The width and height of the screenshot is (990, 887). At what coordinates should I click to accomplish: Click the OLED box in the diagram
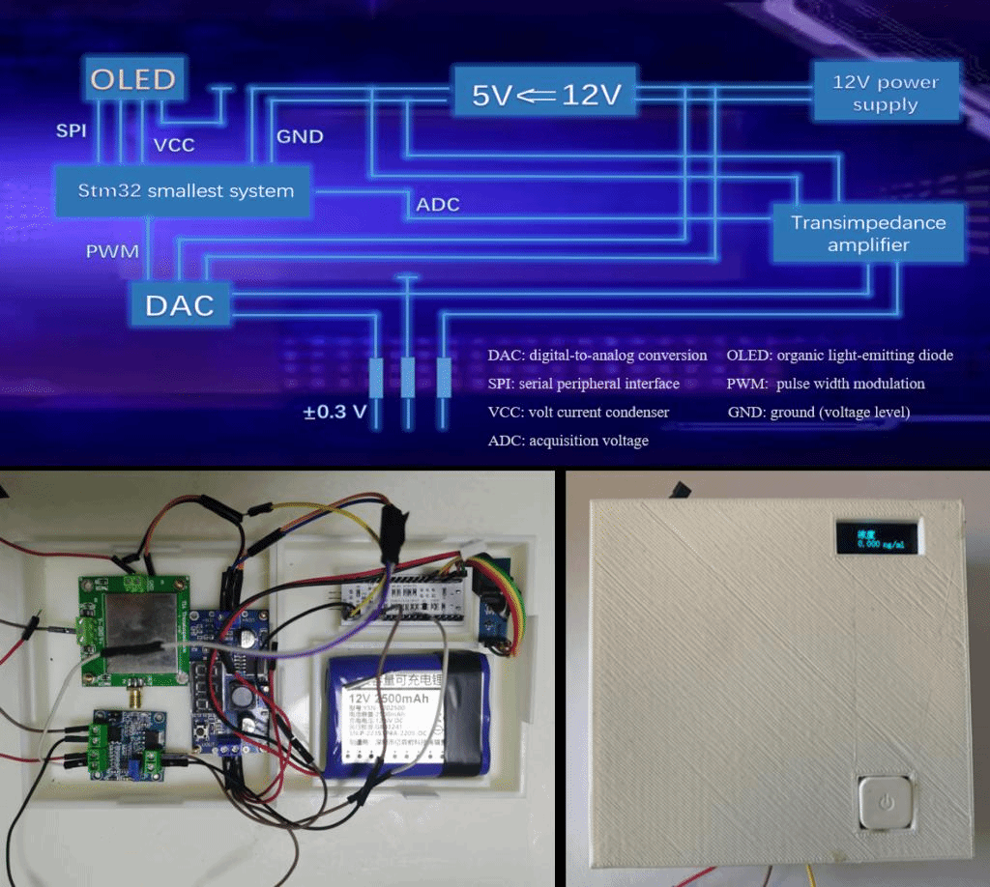coord(133,79)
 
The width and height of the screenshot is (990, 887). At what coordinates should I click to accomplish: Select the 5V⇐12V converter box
coord(547,95)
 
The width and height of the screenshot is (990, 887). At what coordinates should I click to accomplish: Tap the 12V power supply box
coord(886,93)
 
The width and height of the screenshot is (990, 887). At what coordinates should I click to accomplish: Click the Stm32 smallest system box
coord(185,190)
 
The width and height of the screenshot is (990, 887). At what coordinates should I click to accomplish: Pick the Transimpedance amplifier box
coord(867,234)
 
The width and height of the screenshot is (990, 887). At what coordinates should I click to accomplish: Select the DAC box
coord(180,305)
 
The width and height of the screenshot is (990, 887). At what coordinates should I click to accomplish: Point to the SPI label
coord(71,130)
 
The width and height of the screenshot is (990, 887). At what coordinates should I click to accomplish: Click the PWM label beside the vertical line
coord(112,251)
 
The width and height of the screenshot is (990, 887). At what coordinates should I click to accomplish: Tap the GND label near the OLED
coord(300,136)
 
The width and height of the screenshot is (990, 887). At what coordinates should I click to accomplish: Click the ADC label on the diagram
coord(438,205)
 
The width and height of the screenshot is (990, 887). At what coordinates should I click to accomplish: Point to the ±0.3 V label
coord(335,412)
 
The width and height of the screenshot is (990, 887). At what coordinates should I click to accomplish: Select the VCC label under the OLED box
coord(174,145)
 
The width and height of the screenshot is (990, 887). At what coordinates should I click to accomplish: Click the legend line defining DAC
coord(597,356)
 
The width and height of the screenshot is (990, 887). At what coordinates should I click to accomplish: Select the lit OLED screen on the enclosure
coord(877,539)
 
